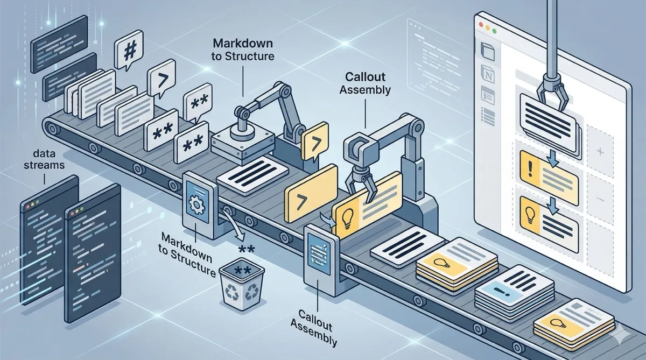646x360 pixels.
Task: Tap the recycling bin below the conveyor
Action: point(238,284)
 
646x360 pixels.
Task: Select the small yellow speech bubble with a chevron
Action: point(315,139)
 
